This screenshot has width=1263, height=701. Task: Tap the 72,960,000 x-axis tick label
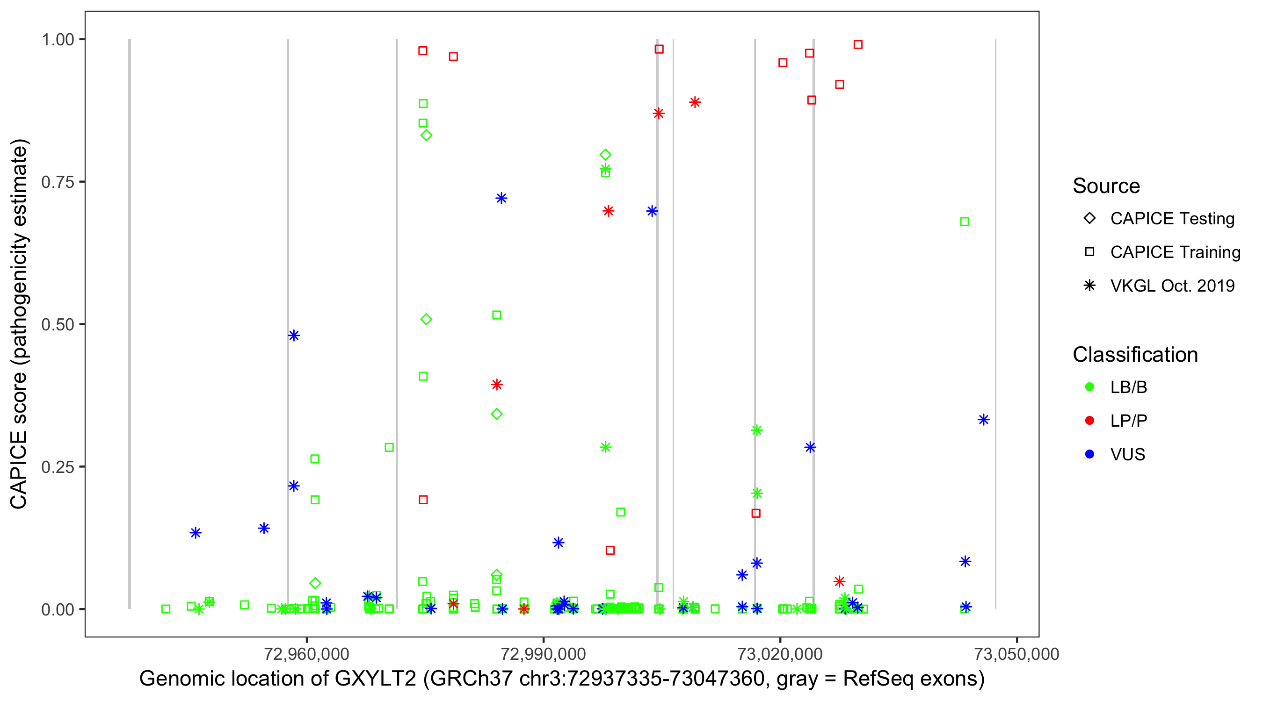[x=306, y=654]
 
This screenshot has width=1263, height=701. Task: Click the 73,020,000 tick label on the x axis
[x=780, y=654]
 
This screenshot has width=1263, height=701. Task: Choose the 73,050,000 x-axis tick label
[x=1017, y=654]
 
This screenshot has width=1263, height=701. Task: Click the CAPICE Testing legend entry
[x=1172, y=219]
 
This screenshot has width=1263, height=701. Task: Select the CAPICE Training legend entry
[x=1175, y=252]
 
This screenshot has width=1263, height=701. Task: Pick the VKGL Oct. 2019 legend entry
[x=1172, y=286]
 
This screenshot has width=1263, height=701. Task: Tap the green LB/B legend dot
[x=1089, y=387]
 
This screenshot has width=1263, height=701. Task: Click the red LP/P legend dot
[x=1089, y=421]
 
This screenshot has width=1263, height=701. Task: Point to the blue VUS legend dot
[x=1089, y=454]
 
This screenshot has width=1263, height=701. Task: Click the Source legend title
[x=1106, y=186]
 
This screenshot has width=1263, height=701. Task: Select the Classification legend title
[x=1135, y=355]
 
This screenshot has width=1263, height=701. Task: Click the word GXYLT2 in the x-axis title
[x=375, y=679]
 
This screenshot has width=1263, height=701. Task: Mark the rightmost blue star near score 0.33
[x=984, y=420]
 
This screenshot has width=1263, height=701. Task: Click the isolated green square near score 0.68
[x=965, y=222]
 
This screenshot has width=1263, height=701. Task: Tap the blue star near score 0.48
[x=294, y=336]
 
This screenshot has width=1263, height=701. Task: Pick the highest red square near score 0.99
[x=858, y=44]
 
